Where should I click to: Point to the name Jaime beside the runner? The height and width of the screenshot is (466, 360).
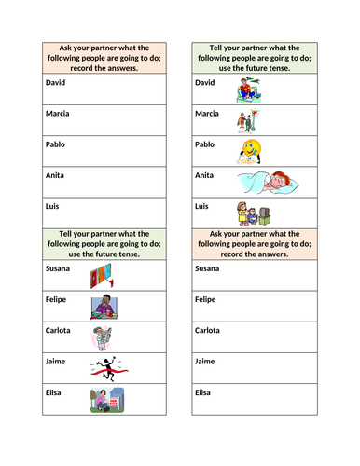pyautogui.click(x=57, y=361)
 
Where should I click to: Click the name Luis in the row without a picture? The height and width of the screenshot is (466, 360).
pyautogui.click(x=54, y=206)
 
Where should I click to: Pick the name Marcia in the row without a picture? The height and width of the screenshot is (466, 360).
pyautogui.click(x=59, y=114)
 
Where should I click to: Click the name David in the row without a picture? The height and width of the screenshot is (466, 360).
pyautogui.click(x=57, y=82)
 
